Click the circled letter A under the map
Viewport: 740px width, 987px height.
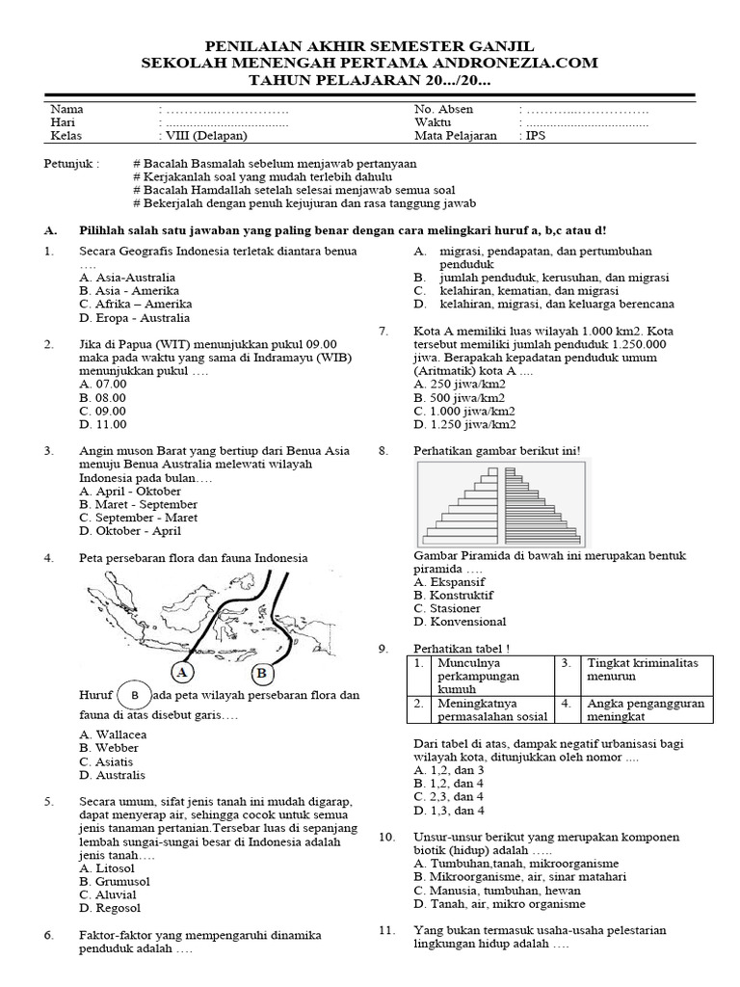[x=182, y=671]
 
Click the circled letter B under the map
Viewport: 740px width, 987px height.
[x=259, y=672]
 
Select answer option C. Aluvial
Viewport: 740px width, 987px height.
[x=110, y=894]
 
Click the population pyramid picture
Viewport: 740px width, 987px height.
[x=501, y=503]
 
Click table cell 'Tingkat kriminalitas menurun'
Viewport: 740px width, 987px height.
[x=649, y=670]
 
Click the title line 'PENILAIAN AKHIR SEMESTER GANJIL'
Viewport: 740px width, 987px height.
[x=370, y=46]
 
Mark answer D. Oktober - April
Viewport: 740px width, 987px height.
[x=130, y=531]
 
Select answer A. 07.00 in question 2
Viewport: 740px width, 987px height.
[x=103, y=384]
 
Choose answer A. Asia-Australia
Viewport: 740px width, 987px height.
[x=128, y=278]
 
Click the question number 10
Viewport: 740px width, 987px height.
[x=386, y=837]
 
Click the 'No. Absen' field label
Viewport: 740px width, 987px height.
[x=443, y=110]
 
